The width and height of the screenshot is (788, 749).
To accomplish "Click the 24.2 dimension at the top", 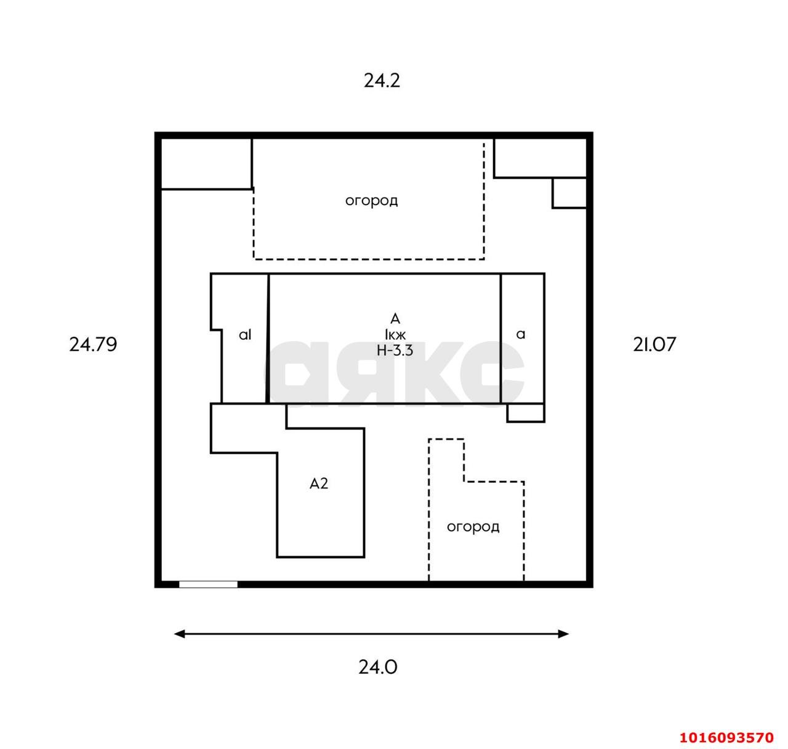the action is point(382,81).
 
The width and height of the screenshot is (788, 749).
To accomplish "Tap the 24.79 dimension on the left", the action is point(93,344).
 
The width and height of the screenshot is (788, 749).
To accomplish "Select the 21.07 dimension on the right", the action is point(654,344).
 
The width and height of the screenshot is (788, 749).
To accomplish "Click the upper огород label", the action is point(372,201).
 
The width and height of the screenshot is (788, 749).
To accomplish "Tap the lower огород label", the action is point(473,527).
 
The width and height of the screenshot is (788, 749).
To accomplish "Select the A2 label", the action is point(319,484).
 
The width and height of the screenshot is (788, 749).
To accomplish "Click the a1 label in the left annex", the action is point(245,334).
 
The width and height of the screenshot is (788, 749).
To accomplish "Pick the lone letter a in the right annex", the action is point(520,334).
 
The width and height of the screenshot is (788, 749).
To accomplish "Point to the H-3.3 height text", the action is point(395,350).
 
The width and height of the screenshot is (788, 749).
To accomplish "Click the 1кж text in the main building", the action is point(395,334).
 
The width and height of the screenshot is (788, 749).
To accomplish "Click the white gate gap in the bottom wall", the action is point(208,585).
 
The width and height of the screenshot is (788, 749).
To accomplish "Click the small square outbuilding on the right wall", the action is point(569,193).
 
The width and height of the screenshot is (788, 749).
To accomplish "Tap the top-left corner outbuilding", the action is point(206,163).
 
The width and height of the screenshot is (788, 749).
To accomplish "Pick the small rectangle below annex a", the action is point(526,413).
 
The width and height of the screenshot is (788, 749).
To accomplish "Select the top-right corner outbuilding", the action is point(541,158).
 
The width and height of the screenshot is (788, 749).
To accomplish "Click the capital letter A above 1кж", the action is point(395,319).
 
